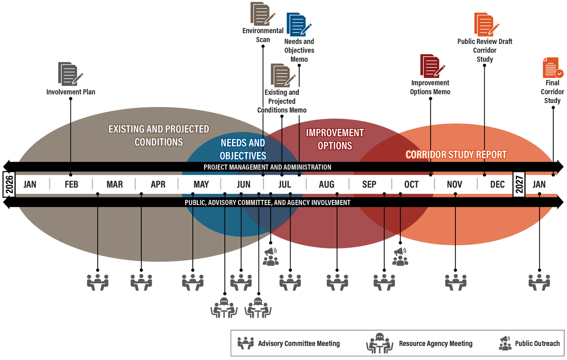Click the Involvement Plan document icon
70,74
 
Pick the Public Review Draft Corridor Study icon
485,25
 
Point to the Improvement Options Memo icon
432,66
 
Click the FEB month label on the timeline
71,184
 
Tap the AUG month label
327,184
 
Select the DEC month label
497,184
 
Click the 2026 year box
9,184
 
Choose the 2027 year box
519,184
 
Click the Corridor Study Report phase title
456,154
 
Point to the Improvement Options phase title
335,139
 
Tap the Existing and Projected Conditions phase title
159,135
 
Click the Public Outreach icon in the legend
505,343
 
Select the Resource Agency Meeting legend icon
379,343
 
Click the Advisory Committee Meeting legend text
299,343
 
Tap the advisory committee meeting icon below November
455,282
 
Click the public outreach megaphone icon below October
400,257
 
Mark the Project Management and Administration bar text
267,167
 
